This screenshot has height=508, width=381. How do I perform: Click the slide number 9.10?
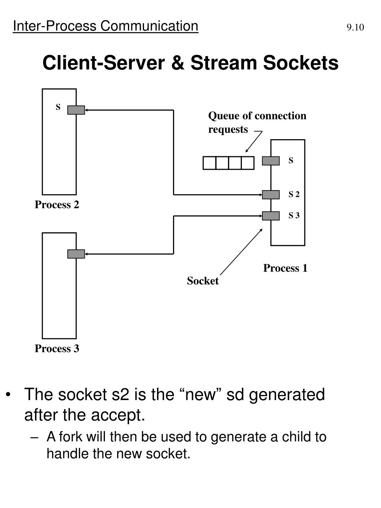[355, 28]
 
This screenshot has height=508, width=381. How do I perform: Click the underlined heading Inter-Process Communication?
[105, 26]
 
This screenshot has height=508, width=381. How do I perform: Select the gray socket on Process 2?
[76, 110]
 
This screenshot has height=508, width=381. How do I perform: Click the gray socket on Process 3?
[76, 254]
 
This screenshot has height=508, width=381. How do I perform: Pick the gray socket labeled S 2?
[270, 195]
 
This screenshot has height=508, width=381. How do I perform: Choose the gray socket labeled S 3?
[270, 216]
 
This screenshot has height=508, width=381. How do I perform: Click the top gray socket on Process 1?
[270, 161]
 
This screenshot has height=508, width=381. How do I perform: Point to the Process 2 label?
[57, 205]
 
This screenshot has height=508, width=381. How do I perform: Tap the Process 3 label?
[57, 349]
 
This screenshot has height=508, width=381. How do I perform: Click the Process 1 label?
[285, 268]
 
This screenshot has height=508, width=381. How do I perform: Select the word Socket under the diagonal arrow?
[203, 281]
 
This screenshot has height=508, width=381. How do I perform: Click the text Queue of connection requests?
[257, 122]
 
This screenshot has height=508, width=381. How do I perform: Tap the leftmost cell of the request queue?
[209, 163]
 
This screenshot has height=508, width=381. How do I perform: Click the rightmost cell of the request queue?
[247, 163]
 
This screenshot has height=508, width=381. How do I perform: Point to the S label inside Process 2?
[58, 108]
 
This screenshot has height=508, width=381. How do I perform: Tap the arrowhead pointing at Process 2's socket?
[87, 110]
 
